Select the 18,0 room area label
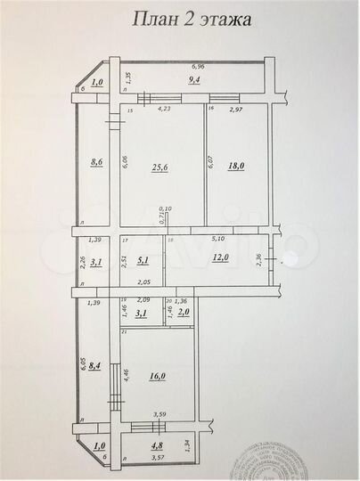click(x=235, y=165)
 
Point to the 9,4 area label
click(x=192, y=79)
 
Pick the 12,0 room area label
click(x=221, y=257)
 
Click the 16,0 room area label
click(x=158, y=377)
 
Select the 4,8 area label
click(x=157, y=446)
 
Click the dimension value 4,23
click(x=165, y=110)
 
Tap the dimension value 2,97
click(x=236, y=110)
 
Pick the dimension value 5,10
click(x=217, y=238)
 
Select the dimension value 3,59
click(x=160, y=414)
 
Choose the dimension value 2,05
click(x=132, y=281)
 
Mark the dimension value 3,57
click(x=158, y=458)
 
